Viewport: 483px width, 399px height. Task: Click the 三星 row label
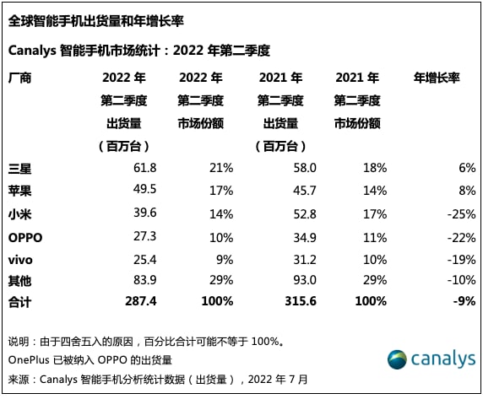19,170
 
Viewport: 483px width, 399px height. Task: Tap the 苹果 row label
19,192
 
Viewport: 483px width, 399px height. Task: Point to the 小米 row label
19,215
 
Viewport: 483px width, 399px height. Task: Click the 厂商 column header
19,78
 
